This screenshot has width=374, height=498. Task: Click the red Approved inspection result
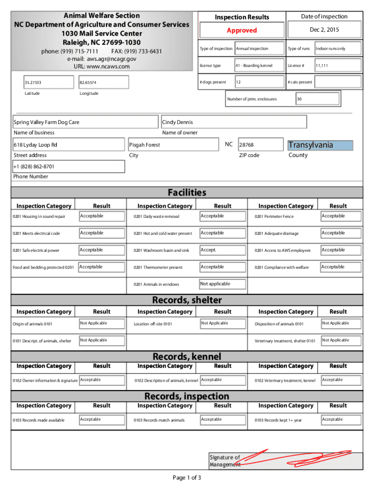[x=241, y=30]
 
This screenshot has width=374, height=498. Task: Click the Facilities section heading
[x=187, y=193]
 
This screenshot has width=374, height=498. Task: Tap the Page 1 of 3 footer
[x=187, y=478]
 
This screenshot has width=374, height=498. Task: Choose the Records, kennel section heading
[x=187, y=357]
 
